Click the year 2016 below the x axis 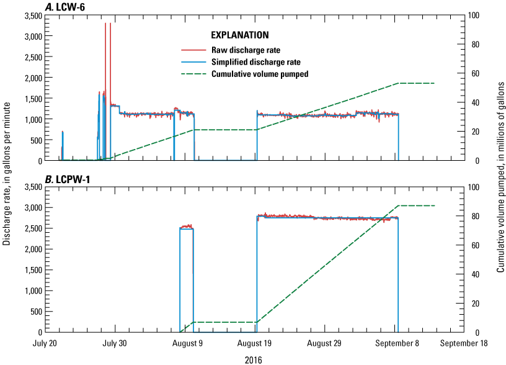point(253,359)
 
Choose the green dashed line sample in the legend point(193,74)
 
